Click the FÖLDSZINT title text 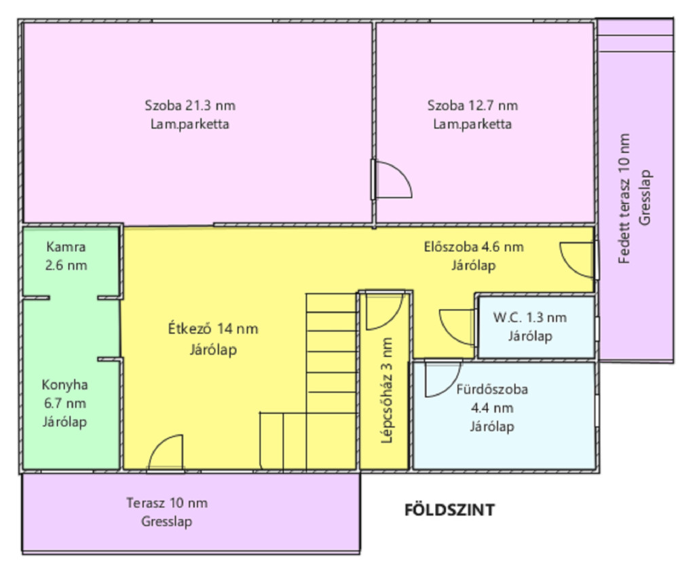pyautogui.click(x=449, y=510)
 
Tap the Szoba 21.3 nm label pyautogui.click(x=190, y=105)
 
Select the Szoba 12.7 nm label pyautogui.click(x=472, y=105)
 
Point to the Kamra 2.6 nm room pyautogui.click(x=71, y=261)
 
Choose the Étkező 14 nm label pyautogui.click(x=213, y=329)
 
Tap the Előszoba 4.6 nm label pyautogui.click(x=474, y=247)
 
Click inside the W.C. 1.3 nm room pyautogui.click(x=536, y=327)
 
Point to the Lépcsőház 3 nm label pyautogui.click(x=386, y=390)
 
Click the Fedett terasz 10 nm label pyautogui.click(x=624, y=199)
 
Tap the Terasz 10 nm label pyautogui.click(x=167, y=503)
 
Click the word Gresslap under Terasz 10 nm pyautogui.click(x=167, y=522)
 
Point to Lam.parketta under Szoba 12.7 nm pyautogui.click(x=472, y=124)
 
